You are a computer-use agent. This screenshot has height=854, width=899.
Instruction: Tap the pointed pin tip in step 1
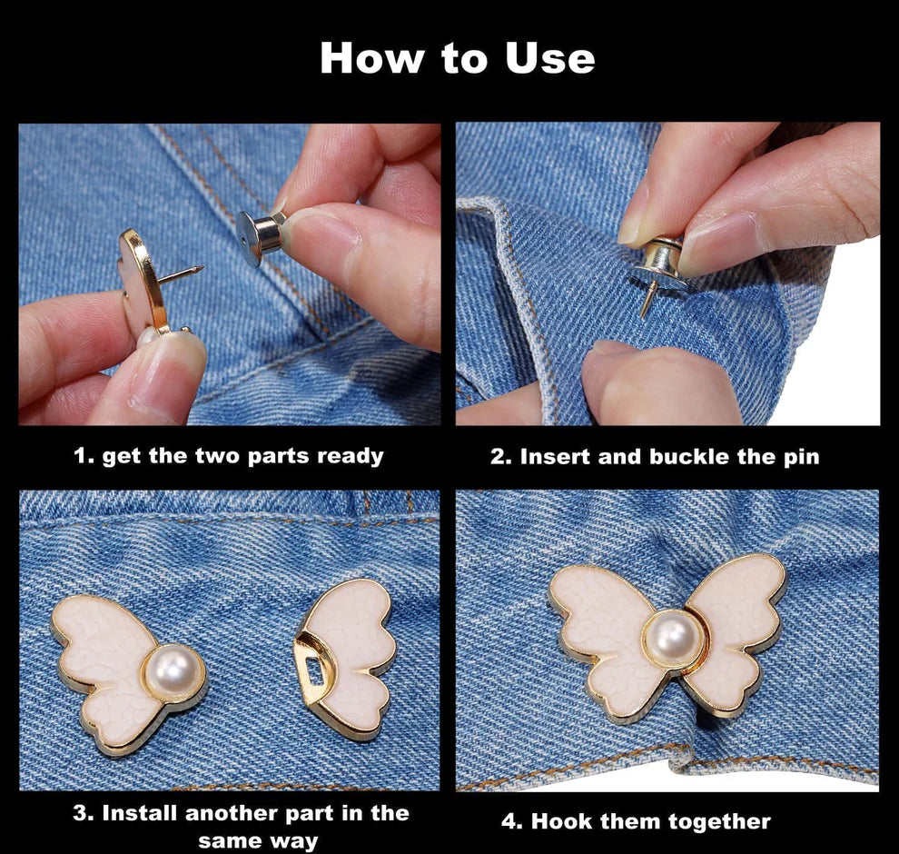tap(198, 269)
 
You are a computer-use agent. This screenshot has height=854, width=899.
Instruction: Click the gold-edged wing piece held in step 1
tap(145, 282)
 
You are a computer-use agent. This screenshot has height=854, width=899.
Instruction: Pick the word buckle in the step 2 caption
tap(690, 457)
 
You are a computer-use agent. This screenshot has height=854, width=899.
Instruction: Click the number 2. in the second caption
tap(501, 457)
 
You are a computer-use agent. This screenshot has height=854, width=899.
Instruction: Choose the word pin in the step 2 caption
tap(800, 457)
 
